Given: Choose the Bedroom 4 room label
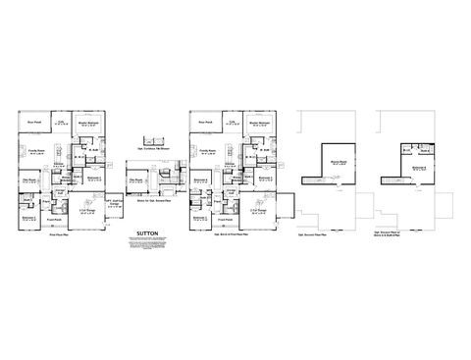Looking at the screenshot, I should pyautogui.click(x=200, y=180).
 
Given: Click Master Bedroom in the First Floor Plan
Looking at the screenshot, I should pyautogui.click(x=89, y=124).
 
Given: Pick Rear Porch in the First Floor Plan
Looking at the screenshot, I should pyautogui.click(x=35, y=123).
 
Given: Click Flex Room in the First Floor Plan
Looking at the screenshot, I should pyautogui.click(x=29, y=180).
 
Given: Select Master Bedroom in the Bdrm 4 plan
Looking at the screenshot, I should pyautogui.click(x=260, y=124).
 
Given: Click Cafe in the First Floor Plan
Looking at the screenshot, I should pyautogui.click(x=61, y=124).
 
